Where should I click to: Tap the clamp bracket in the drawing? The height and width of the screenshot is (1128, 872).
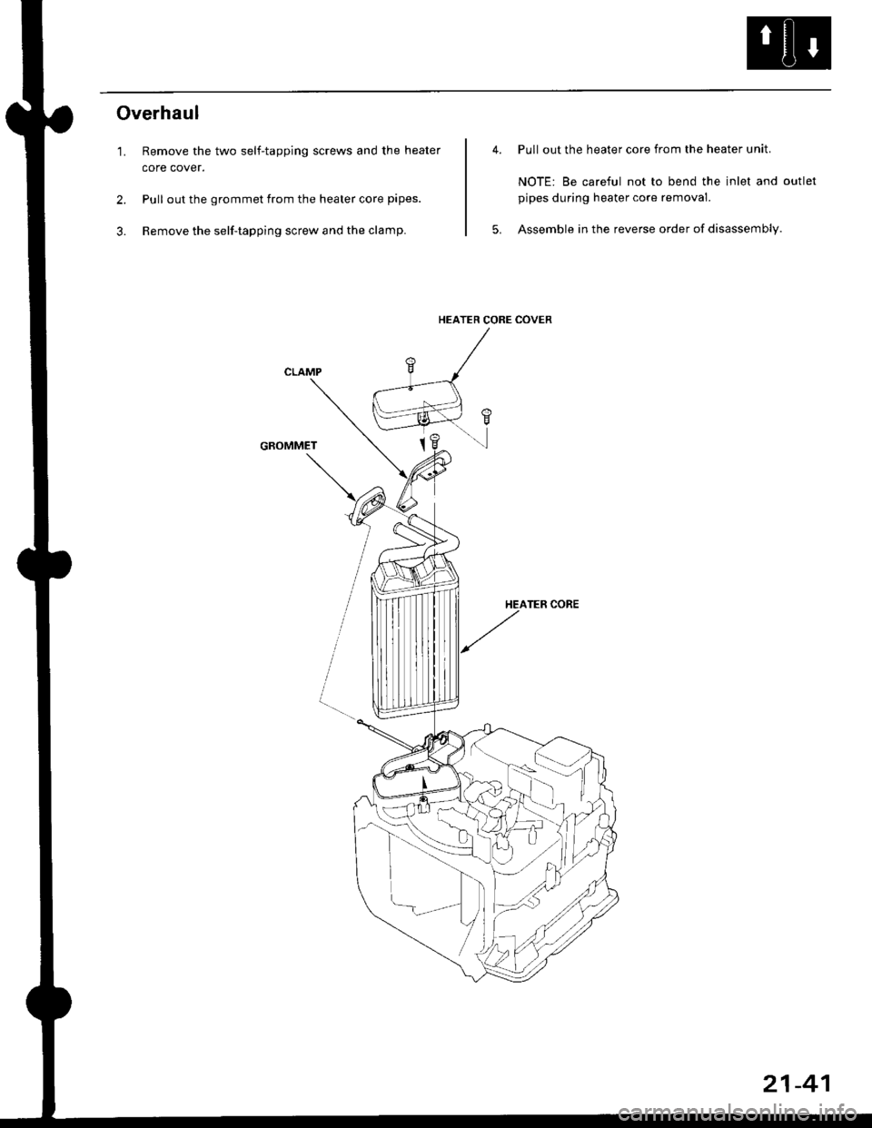click(425, 478)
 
